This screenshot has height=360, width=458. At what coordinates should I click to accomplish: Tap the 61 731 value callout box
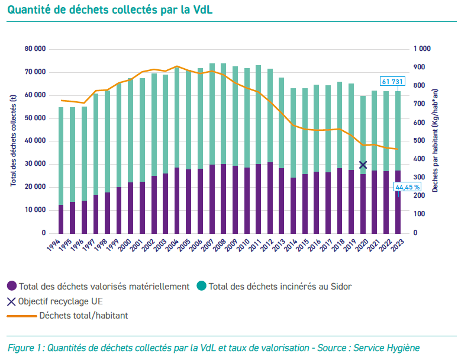[391, 81]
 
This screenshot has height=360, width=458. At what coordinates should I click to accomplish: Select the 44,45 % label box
[407, 187]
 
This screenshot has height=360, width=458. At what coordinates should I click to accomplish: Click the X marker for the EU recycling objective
[363, 165]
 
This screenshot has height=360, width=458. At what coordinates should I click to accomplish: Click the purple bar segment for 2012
[270, 198]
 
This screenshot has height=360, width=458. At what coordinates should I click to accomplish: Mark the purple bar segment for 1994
[61, 219]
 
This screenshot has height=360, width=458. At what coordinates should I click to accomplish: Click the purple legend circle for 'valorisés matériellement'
[12, 287]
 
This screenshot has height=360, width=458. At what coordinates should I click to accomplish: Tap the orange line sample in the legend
[21, 316]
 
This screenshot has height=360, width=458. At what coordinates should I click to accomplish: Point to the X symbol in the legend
[12, 301]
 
